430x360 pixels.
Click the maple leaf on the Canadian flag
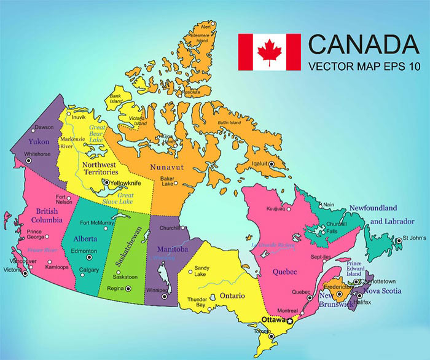269,52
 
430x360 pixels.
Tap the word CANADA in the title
362,44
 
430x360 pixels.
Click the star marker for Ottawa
290,321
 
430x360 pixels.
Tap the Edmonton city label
84,251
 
